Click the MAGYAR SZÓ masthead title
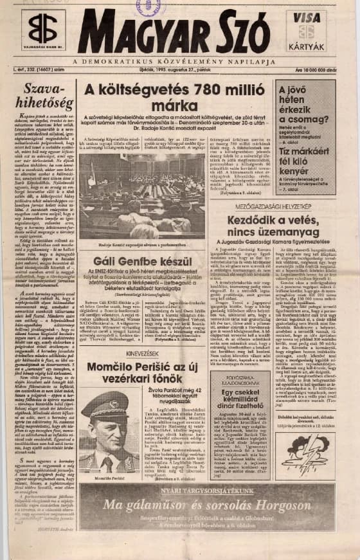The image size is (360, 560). (x=174, y=32)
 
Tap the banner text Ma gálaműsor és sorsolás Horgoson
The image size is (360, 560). (x=211, y=502)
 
